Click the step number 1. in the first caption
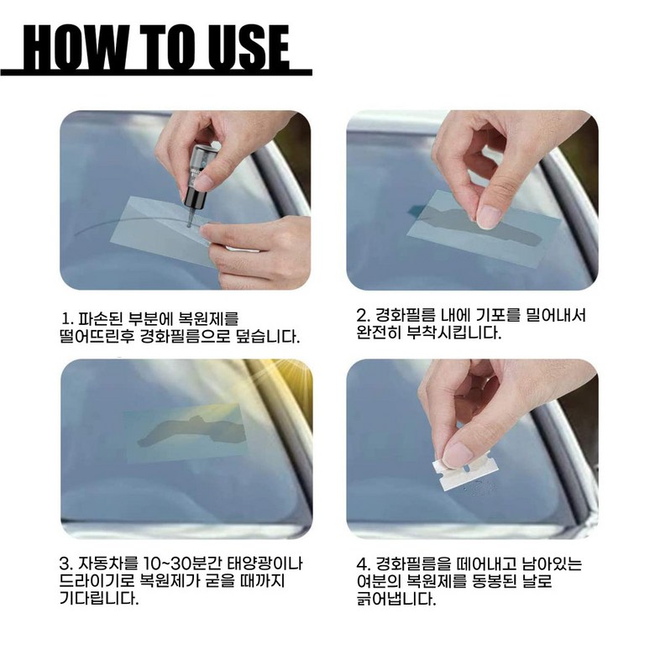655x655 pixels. pos(68,319)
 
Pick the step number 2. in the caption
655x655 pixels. pos(364,316)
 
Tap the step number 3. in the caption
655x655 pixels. pos(66,564)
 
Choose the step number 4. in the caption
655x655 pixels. pos(364,564)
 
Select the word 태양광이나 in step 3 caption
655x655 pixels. pos(265,564)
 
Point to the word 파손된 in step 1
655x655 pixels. pos(100,319)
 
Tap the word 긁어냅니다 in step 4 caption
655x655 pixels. pos(396,600)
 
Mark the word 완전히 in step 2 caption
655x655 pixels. pos(380,333)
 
